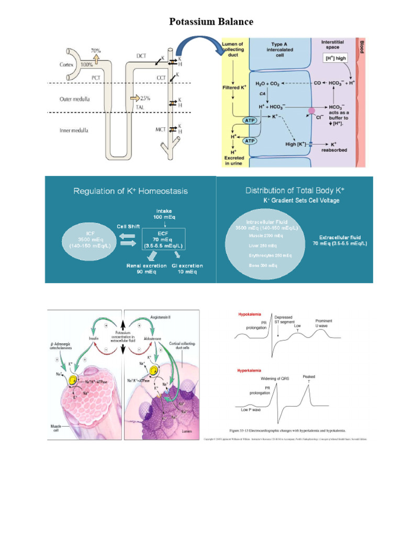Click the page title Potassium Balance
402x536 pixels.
(211, 21)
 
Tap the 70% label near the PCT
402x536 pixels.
(96, 51)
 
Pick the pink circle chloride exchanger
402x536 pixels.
(311, 111)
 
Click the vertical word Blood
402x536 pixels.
(361, 48)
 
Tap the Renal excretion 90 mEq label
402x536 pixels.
(147, 269)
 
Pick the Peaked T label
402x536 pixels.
(309, 379)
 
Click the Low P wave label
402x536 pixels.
(251, 410)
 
